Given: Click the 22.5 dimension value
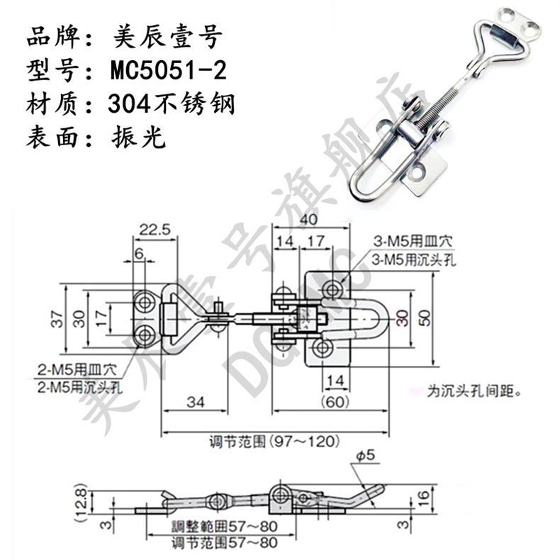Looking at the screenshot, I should (x=152, y=229).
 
